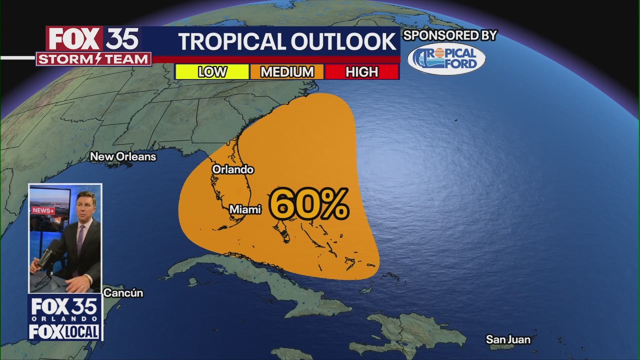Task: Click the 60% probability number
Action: click(308, 204)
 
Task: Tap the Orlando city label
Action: click(232, 169)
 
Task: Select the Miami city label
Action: click(245, 209)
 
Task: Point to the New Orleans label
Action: click(123, 156)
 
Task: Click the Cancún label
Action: click(123, 293)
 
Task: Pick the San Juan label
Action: click(508, 339)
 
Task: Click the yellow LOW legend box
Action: click(211, 72)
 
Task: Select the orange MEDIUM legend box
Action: click(287, 72)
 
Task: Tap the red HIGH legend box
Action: click(361, 72)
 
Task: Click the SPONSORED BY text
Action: click(449, 35)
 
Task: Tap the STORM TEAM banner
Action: click(93, 59)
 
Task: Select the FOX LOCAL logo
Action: click(64, 332)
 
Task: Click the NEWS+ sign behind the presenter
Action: click(43, 210)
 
